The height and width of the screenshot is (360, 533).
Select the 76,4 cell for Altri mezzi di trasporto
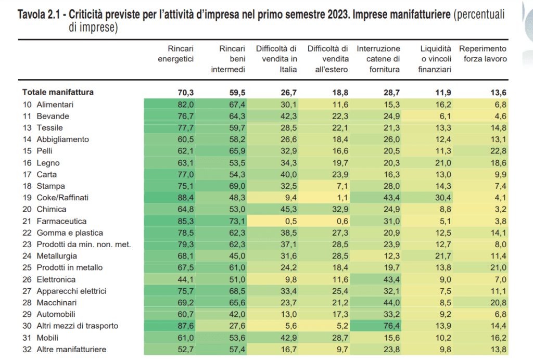pos(390,326)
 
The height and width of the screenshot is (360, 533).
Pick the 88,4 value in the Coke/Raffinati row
pos(185,198)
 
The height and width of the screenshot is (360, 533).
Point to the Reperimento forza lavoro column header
pos(483,54)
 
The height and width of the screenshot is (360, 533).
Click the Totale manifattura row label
pos(58,92)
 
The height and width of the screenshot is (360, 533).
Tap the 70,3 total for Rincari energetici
pos(185,92)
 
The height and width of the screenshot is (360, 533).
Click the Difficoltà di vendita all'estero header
pos(328,59)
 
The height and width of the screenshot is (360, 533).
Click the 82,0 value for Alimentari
pos(185,105)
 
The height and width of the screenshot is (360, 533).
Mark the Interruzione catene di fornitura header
pos(378,59)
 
